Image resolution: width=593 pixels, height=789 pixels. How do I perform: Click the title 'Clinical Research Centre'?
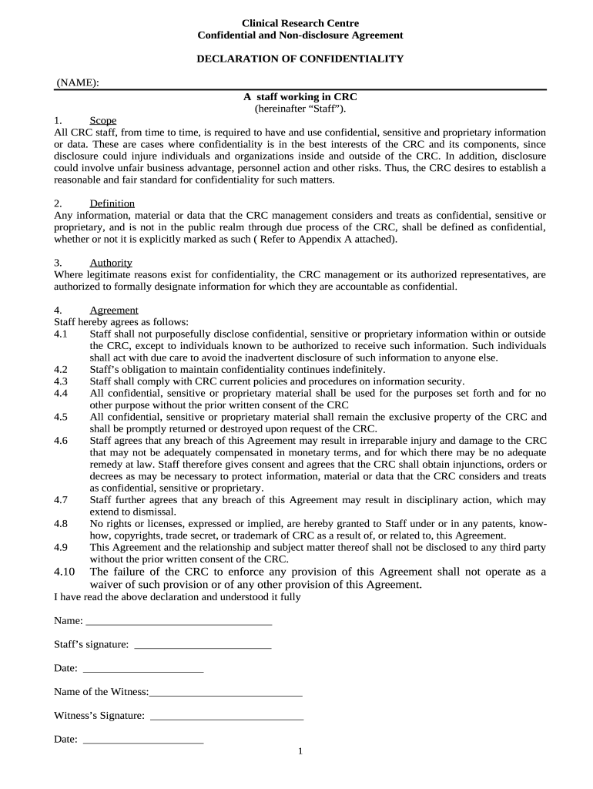click(300, 23)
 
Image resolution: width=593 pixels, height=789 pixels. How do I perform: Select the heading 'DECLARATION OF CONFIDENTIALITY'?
click(300, 59)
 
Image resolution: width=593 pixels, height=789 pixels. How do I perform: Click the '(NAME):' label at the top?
click(78, 83)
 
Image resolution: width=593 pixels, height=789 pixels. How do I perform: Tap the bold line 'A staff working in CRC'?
click(300, 97)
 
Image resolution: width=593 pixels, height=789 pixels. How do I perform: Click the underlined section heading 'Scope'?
click(103, 120)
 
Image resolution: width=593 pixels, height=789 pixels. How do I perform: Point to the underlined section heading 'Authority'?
click(111, 263)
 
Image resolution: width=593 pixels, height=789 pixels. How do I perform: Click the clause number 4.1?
click(61, 334)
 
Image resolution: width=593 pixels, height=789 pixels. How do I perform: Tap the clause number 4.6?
click(61, 440)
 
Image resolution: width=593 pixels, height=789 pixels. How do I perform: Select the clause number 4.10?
click(65, 572)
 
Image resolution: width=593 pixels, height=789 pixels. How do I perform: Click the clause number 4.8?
click(61, 523)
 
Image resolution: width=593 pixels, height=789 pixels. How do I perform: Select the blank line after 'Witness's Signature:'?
click(227, 716)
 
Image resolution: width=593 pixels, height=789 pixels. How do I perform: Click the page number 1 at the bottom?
click(300, 752)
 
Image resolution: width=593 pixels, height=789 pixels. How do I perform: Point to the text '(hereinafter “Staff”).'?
click(300, 109)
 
